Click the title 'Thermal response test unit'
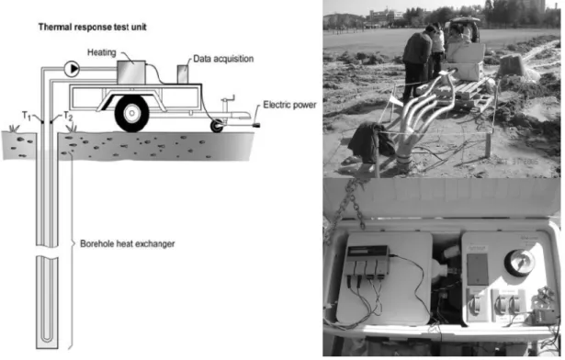pyautogui.click(x=92, y=27)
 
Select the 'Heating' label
pyautogui.click(x=102, y=52)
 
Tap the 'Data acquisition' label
pyautogui.click(x=223, y=59)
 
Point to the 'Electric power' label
pyautogui.click(x=289, y=105)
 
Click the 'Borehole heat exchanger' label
pyautogui.click(x=127, y=244)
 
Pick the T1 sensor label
pyautogui.click(x=27, y=116)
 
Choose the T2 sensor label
pyautogui.click(x=68, y=116)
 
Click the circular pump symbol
pyautogui.click(x=72, y=69)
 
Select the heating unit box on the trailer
pyautogui.click(x=131, y=73)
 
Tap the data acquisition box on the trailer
pyautogui.click(x=183, y=74)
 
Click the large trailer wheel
pyautogui.click(x=132, y=114)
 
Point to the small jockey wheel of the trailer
pyautogui.click(x=217, y=126)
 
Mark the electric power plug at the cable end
pyautogui.click(x=256, y=125)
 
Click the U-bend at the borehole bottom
pyautogui.click(x=47, y=337)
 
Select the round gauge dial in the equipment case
pyautogui.click(x=520, y=263)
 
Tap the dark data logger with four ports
pyautogui.click(x=367, y=260)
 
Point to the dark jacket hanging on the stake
pyautogui.click(x=369, y=142)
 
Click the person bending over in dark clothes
pyautogui.click(x=417, y=62)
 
